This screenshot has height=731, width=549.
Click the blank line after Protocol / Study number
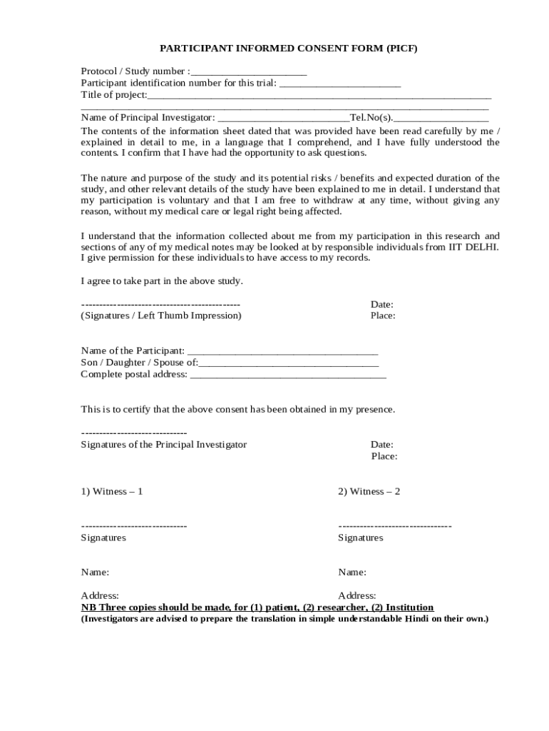249,72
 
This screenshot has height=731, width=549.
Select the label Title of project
113,95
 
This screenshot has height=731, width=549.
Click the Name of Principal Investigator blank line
283,118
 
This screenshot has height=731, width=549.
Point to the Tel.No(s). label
371,118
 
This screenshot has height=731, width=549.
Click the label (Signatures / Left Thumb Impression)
161,316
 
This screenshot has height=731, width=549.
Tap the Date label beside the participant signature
381,305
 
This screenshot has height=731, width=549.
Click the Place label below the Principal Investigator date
384,456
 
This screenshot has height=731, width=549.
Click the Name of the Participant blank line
282,351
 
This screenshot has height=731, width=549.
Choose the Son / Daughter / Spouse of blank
288,363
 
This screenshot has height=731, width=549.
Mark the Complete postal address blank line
288,374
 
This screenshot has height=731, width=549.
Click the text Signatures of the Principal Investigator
163,445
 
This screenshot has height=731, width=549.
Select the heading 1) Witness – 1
112,492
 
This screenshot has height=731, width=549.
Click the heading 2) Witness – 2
369,492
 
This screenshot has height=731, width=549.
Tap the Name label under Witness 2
352,573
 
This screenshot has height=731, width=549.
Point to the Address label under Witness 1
100,595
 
